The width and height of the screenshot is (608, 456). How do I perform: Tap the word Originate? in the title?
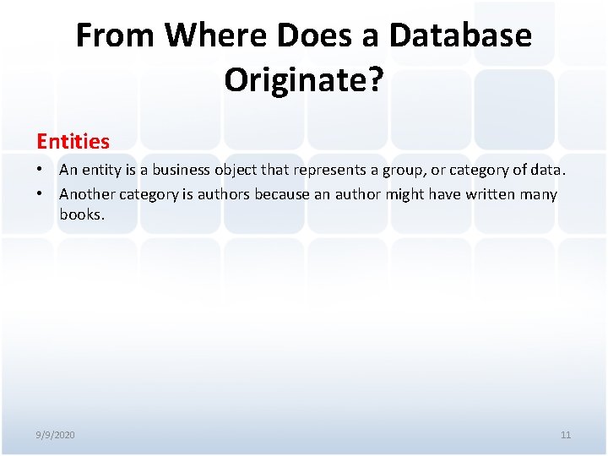[x=304, y=80]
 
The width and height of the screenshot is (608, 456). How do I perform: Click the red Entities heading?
[x=73, y=141]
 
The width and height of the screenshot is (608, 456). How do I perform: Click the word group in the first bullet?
[x=402, y=170]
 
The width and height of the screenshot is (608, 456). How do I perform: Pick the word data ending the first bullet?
[x=549, y=170]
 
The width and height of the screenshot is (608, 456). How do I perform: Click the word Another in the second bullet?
[x=87, y=194]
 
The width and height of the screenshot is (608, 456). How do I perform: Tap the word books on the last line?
[x=81, y=214]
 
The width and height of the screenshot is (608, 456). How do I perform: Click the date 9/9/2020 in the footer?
[x=56, y=435]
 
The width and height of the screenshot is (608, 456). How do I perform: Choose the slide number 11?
[x=566, y=435]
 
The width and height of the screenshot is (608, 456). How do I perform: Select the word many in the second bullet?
[x=538, y=194]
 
